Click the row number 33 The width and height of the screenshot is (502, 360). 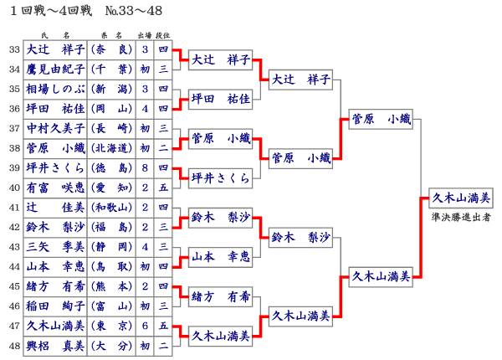pos(13,50)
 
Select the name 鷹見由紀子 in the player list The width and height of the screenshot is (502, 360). pos(55,69)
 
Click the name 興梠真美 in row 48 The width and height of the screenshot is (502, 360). pos(55,345)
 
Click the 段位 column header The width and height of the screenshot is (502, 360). pos(163,36)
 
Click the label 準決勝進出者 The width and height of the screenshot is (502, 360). pos(461,216)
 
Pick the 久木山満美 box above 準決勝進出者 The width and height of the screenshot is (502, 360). pos(461,198)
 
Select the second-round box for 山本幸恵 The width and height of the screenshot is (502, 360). pos(221,255)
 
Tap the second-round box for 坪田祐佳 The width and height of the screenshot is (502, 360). pos(221,99)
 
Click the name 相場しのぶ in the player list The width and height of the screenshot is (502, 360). pos(55,89)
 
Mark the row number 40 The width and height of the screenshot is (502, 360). pos(13,188)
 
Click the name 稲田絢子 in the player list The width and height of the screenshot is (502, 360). pos(55,306)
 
